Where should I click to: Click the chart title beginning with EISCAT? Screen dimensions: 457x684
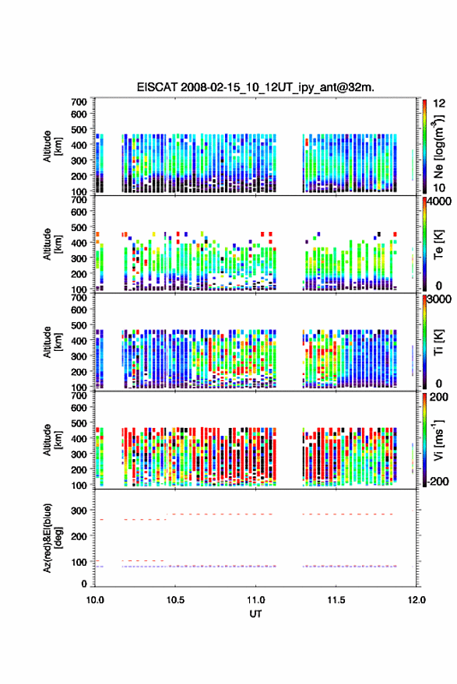tap(255, 87)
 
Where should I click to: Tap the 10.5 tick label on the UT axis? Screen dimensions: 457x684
tap(175, 600)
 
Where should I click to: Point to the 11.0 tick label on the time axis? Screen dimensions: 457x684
tap(255, 600)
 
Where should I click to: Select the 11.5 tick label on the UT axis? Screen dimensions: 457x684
tap(336, 600)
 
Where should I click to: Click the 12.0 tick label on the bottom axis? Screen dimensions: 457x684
tap(417, 600)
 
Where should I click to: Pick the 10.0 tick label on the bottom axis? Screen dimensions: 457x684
tap(95, 600)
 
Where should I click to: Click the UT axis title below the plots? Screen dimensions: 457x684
tap(255, 614)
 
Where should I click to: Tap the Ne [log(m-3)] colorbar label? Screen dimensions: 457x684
tap(438, 147)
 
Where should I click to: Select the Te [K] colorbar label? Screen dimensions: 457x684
tap(438, 245)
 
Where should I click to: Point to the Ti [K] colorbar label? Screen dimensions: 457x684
tap(438, 342)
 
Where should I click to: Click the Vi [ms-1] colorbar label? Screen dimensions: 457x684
tap(438, 440)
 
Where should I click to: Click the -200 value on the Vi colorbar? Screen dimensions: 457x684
tap(438, 482)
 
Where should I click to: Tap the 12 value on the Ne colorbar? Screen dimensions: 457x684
tap(439, 103)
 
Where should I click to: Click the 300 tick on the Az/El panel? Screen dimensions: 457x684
tap(79, 510)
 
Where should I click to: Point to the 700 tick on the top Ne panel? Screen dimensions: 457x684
tap(79, 102)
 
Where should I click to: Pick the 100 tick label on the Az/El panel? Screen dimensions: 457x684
tap(79, 562)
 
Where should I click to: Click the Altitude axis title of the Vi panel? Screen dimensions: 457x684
tap(52, 440)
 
